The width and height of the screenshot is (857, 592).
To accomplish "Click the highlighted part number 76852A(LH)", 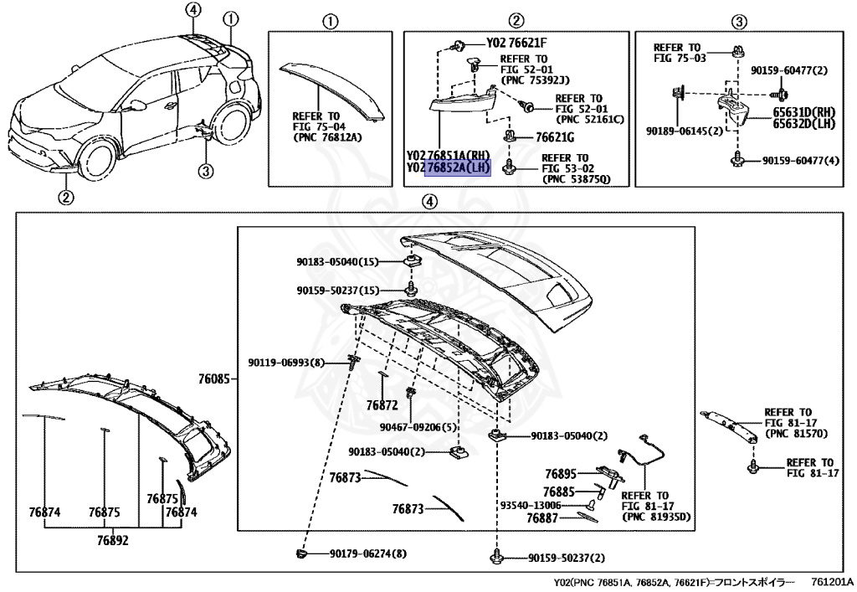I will coord(457,168).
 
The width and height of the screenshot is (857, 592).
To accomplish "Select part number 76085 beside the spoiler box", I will coord(213,379).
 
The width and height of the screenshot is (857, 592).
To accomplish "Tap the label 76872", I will coord(381,405).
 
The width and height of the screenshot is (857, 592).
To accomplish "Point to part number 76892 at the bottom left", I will coord(111,540).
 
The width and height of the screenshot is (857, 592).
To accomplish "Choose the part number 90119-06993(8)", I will coord(285,363).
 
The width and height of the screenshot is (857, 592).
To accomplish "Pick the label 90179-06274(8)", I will coord(367,553).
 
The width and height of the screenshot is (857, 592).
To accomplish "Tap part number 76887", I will coord(542,519).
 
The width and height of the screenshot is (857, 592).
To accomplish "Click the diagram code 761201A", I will coord(831,582).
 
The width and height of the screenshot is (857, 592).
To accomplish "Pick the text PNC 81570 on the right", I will coord(788,434).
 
